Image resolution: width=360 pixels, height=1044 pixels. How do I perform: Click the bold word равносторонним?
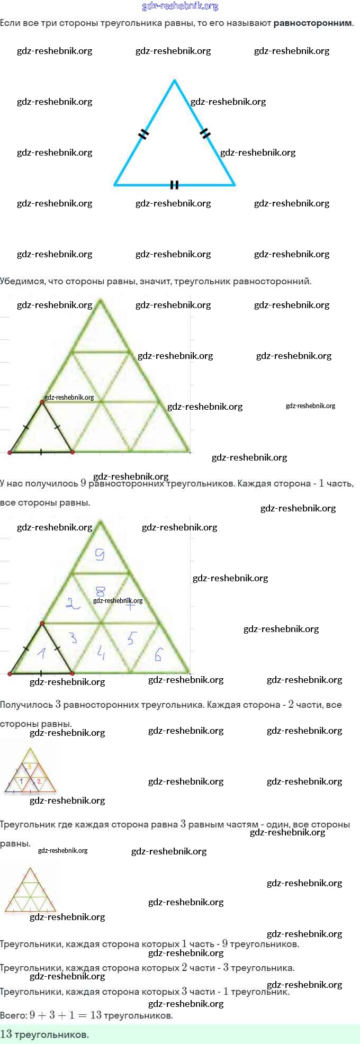pyautogui.click(x=313, y=23)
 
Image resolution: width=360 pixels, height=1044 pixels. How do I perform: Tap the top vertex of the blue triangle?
pyautogui.click(x=174, y=80)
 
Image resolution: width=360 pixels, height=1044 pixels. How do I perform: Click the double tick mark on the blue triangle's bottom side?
pyautogui.click(x=174, y=185)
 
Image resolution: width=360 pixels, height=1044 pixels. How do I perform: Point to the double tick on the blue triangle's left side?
pyautogui.click(x=143, y=134)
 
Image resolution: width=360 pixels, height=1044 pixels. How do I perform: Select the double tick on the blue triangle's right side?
pyautogui.click(x=206, y=133)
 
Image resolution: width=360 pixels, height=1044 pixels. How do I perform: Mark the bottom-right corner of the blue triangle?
pyautogui.click(x=234, y=185)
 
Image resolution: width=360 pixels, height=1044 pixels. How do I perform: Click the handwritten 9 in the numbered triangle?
pyautogui.click(x=100, y=554)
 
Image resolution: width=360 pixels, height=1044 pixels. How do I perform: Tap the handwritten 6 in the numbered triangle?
pyautogui.click(x=158, y=654)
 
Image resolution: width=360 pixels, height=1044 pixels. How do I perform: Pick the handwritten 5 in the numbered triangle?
pyautogui.click(x=131, y=638)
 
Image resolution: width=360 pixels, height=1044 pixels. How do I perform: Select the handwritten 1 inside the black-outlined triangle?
pyautogui.click(x=41, y=653)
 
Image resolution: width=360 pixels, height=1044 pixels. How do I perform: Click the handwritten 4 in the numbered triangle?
pyautogui.click(x=101, y=653)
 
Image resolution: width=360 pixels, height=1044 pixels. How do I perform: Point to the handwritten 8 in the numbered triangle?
pyautogui.click(x=100, y=591)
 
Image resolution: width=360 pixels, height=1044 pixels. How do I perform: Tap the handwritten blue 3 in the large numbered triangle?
pyautogui.click(x=73, y=638)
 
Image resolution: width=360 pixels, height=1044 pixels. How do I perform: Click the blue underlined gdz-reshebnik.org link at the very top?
pyautogui.click(x=180, y=6)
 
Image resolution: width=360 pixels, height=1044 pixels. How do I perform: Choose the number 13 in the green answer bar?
pyautogui.click(x=6, y=1034)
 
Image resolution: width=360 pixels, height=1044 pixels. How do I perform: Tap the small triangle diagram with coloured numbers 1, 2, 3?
pyautogui.click(x=30, y=771)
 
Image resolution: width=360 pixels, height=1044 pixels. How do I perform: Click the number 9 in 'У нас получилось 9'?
pyautogui.click(x=83, y=483)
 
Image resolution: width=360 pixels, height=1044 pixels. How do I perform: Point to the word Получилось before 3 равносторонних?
pyautogui.click(x=26, y=705)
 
